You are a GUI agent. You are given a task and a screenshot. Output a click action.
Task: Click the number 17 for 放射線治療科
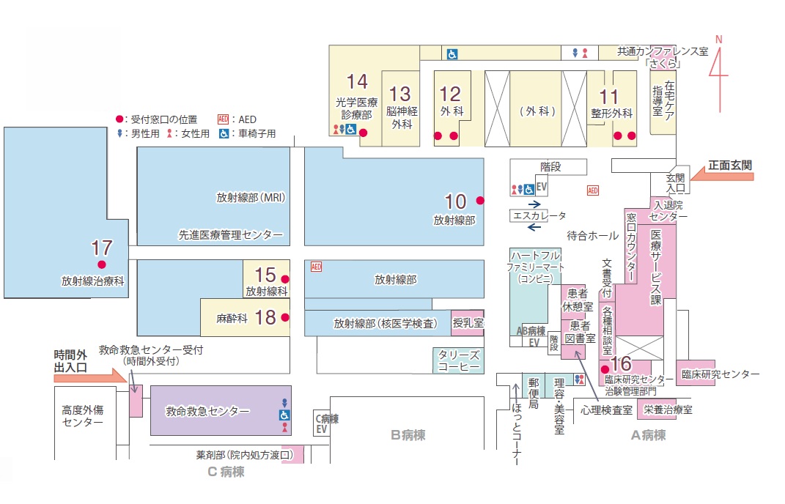click(x=101, y=247)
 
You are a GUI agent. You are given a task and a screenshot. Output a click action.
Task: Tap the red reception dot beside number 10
click(x=480, y=200)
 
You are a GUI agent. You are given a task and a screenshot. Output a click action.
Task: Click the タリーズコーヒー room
click(x=458, y=360)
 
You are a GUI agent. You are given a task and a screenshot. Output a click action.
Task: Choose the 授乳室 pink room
click(x=467, y=322)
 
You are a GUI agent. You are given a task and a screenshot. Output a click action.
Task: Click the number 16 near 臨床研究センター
click(x=621, y=363)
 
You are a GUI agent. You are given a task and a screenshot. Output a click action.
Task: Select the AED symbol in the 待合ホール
click(x=593, y=190)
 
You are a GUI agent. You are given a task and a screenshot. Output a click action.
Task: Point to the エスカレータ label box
click(x=539, y=216)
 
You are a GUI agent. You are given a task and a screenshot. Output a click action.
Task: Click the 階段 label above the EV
click(x=550, y=167)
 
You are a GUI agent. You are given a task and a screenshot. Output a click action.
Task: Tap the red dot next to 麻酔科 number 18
click(x=285, y=317)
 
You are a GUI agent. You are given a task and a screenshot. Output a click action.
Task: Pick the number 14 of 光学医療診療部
click(x=357, y=81)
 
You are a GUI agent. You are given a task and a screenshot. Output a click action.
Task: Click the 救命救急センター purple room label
click(x=208, y=412)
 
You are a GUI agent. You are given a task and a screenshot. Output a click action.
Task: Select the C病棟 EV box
click(x=321, y=424)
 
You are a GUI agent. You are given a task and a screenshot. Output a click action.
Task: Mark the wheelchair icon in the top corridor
click(x=452, y=53)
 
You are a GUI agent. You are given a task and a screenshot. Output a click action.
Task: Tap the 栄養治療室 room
click(x=667, y=410)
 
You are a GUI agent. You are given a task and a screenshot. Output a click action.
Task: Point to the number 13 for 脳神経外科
click(x=400, y=94)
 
